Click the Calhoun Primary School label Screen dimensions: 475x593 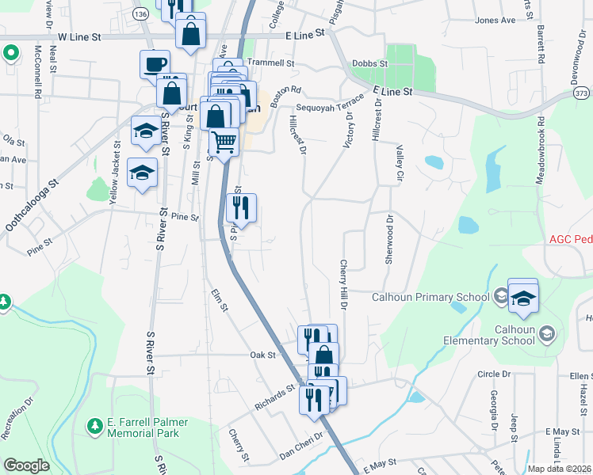point(430,298)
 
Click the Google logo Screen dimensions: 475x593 point(26,465)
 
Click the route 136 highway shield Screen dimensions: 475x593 point(140,15)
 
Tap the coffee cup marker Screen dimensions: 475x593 point(155,63)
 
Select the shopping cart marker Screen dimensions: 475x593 point(224,143)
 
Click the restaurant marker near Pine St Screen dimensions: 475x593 point(241,208)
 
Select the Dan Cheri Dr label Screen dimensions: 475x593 point(302,446)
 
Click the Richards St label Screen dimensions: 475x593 point(274,397)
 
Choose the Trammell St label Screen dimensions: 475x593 point(270,63)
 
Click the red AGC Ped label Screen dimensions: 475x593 point(570,239)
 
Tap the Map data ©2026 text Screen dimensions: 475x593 point(560,469)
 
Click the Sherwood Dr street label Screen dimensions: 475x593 point(389,241)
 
